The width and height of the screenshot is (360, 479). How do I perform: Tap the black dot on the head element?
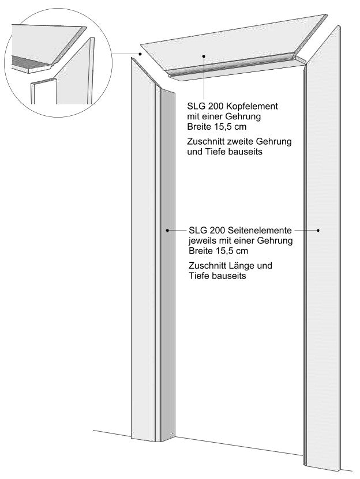(x=202, y=56)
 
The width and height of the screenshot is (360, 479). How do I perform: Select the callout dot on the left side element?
(x=167, y=230)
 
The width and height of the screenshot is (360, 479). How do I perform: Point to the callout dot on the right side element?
(x=318, y=230)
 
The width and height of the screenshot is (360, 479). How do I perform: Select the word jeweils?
(x=202, y=240)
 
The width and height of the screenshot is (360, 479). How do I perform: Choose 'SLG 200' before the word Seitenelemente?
(x=204, y=230)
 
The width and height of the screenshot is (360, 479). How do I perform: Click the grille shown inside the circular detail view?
(x=29, y=62)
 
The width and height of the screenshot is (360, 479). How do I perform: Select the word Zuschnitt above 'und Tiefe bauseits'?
(x=206, y=141)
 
